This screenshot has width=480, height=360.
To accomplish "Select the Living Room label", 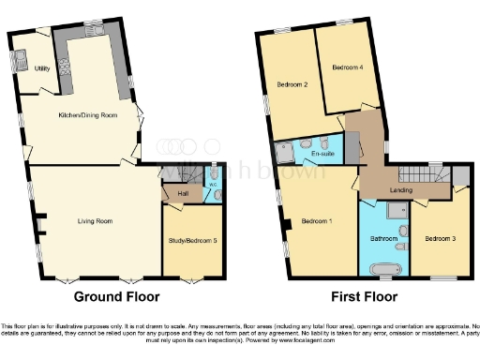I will click(x=95, y=221).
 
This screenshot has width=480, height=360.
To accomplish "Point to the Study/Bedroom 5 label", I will click(x=195, y=241).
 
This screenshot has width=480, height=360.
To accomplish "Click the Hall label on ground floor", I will click(x=182, y=193).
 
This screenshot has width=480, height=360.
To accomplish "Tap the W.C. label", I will click(x=213, y=185).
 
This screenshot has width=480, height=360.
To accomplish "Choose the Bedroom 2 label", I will click(x=292, y=86).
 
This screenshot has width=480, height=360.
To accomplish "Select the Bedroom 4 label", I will click(x=347, y=68).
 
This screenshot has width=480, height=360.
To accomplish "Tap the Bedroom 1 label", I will click(x=315, y=222).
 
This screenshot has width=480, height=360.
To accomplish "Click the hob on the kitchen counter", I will click(x=65, y=68).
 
